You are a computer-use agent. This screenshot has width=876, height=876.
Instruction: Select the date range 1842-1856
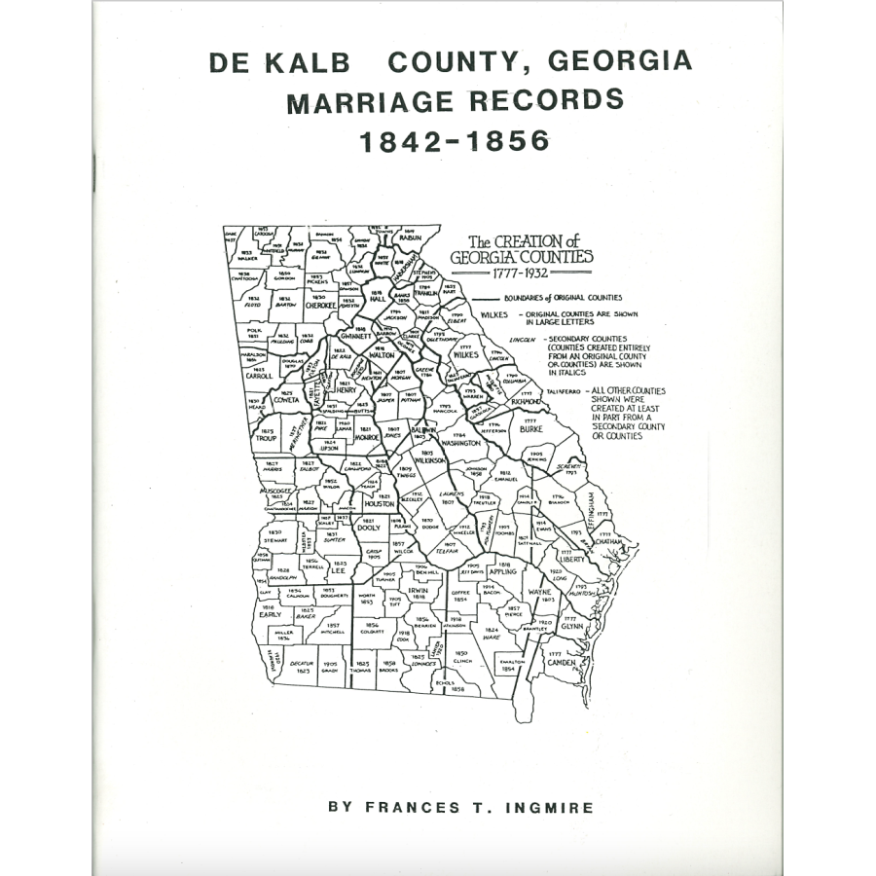click(x=455, y=141)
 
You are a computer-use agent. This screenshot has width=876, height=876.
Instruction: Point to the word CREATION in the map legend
click(x=529, y=241)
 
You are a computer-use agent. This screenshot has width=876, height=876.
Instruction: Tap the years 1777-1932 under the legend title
click(x=520, y=274)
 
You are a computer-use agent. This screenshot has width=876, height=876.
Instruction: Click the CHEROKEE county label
click(x=320, y=305)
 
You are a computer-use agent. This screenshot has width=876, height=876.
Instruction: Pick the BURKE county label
click(x=530, y=427)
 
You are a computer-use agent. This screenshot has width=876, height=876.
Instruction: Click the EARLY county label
click(x=270, y=615)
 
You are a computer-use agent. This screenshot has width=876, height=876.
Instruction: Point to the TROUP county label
click(x=266, y=438)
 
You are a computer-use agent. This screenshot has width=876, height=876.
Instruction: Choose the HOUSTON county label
click(x=379, y=504)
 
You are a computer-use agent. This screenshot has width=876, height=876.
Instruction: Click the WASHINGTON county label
click(x=460, y=443)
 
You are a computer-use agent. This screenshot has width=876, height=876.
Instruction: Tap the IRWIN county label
click(x=418, y=589)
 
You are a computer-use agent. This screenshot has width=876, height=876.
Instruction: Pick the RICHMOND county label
click(x=528, y=400)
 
